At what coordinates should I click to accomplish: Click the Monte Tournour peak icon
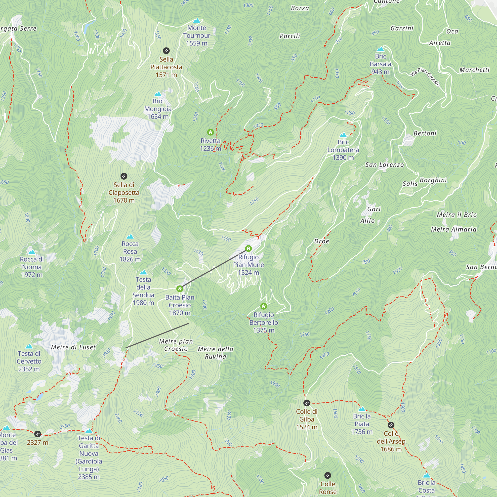(x=197, y=21)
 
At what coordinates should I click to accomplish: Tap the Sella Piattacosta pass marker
(x=166, y=51)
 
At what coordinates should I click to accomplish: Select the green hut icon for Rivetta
(x=210, y=132)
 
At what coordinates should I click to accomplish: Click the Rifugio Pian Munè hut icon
(x=248, y=248)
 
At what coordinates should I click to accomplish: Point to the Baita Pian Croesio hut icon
(x=180, y=289)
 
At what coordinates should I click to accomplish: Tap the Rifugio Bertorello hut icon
(x=263, y=306)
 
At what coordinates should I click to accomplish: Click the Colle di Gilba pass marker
(x=306, y=403)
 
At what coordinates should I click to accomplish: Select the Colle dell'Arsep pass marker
(x=391, y=425)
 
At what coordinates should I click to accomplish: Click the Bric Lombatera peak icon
(x=343, y=135)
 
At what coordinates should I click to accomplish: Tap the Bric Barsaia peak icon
(x=380, y=49)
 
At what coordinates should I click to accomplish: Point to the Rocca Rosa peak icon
(x=130, y=236)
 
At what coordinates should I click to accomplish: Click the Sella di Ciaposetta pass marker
(x=124, y=176)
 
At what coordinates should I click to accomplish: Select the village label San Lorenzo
(x=384, y=165)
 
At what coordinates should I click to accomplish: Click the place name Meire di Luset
(x=73, y=347)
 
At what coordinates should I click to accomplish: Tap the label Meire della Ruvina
(x=215, y=353)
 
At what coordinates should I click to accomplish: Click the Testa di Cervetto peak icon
(x=29, y=346)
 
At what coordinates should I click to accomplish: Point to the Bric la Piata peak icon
(x=362, y=409)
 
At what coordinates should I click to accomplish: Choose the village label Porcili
(x=290, y=36)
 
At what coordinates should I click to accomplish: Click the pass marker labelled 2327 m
(x=38, y=434)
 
